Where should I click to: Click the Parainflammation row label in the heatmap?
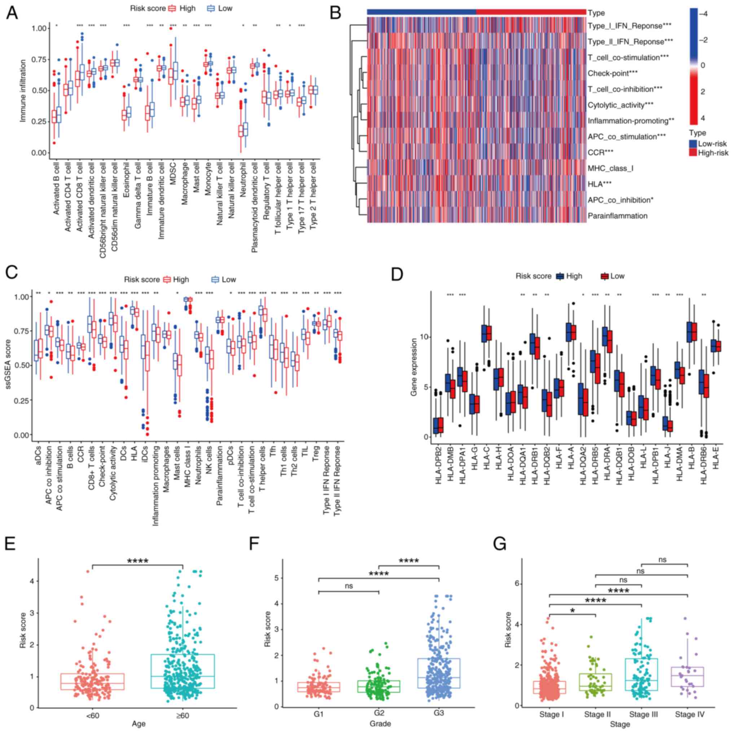(617, 216)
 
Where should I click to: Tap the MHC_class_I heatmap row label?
(610, 168)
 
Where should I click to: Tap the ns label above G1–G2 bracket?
(349, 586)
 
